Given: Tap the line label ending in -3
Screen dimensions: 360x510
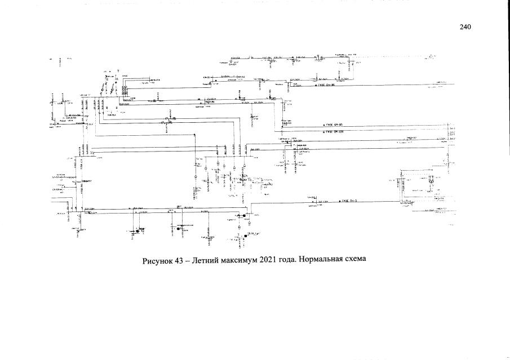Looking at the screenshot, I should [x=350, y=201].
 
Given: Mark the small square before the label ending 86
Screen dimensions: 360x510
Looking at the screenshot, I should [x=316, y=86].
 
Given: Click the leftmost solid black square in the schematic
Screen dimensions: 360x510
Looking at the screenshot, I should [x=138, y=231].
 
